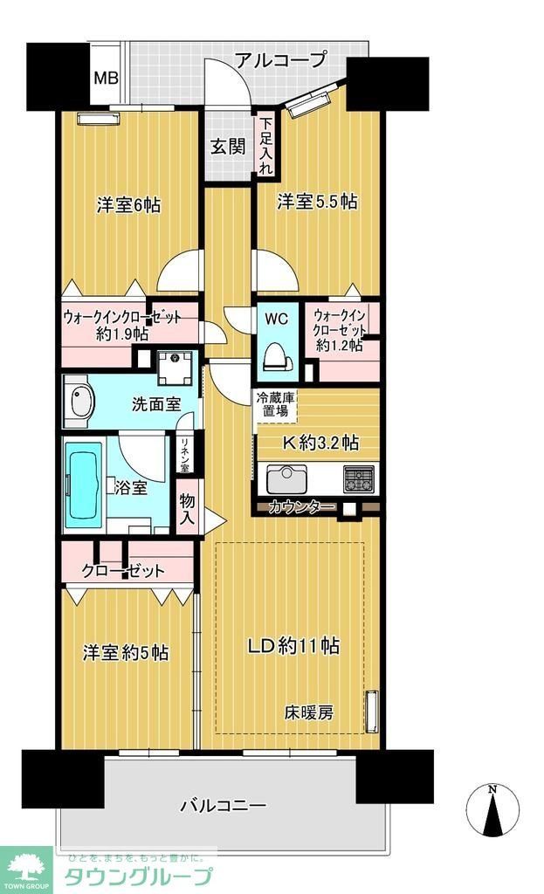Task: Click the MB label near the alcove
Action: (x=107, y=78)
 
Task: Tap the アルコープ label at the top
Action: (x=280, y=60)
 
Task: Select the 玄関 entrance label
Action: (x=227, y=146)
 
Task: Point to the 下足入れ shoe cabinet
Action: (x=266, y=146)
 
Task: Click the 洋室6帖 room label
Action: (x=128, y=206)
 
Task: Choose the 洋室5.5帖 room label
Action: (x=317, y=202)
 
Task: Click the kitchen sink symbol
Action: (x=285, y=479)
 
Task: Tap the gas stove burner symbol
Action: (x=359, y=478)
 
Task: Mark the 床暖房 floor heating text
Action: (x=307, y=712)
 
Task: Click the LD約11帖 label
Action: (x=293, y=647)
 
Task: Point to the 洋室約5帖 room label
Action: (x=126, y=652)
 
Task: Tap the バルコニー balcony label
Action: (x=224, y=805)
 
